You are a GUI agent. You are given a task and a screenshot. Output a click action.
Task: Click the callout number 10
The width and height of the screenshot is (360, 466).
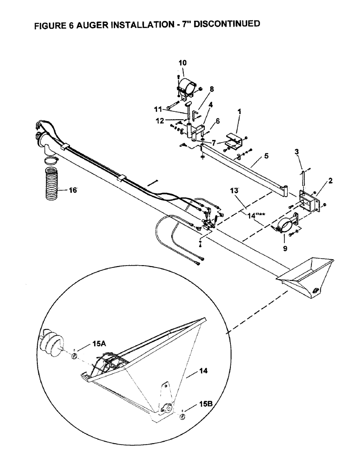point(182,62)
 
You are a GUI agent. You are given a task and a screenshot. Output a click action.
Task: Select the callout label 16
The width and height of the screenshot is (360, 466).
point(72,190)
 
